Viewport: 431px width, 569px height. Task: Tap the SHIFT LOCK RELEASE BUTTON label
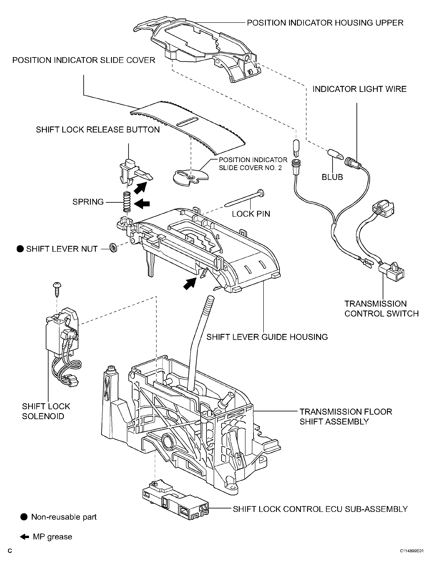point(98,129)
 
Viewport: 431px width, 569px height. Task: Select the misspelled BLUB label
point(332,177)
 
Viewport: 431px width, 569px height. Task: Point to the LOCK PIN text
point(251,214)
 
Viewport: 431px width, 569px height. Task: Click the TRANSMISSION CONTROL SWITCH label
point(382,309)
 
